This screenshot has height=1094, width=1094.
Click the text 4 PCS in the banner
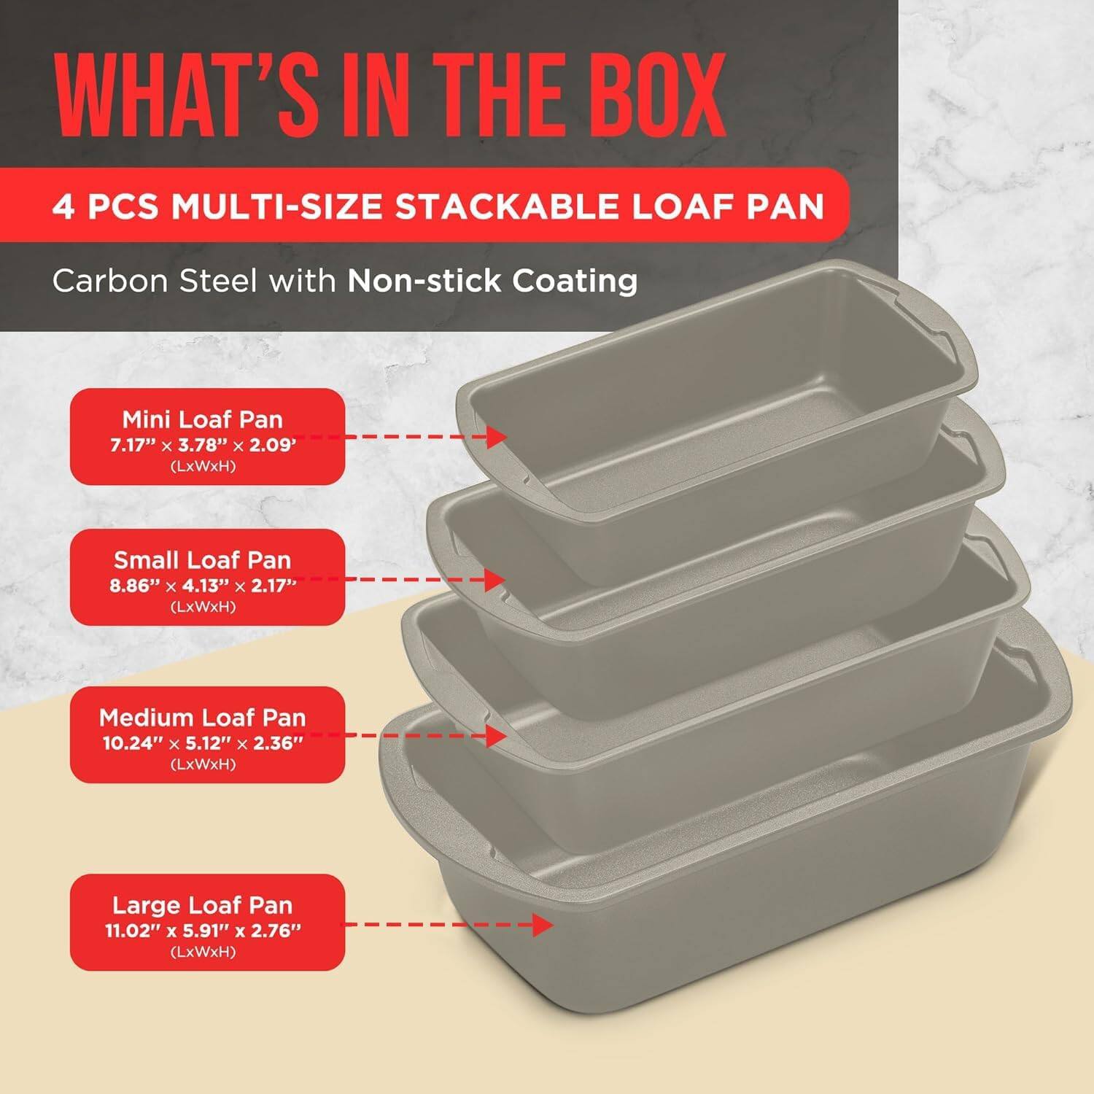[106, 206]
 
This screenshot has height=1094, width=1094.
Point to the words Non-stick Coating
[492, 281]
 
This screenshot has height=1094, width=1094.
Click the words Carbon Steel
[154, 281]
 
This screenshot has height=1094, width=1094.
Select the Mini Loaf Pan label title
[202, 419]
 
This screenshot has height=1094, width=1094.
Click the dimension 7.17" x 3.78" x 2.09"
[203, 445]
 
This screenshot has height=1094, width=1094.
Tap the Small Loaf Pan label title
[202, 560]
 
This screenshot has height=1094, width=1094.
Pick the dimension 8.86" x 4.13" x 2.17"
[203, 586]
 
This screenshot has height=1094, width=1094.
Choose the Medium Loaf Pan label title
[202, 718]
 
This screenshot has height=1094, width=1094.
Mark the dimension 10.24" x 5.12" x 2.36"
[203, 743]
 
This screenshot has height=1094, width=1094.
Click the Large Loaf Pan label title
[202, 905]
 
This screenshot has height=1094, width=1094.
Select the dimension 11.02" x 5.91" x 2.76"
[203, 931]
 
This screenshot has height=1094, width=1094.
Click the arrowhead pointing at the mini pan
[497, 438]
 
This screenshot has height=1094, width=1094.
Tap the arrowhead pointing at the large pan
[543, 925]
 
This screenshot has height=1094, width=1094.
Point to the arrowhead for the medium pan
[497, 736]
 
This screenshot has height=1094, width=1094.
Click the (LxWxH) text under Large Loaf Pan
[203, 952]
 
